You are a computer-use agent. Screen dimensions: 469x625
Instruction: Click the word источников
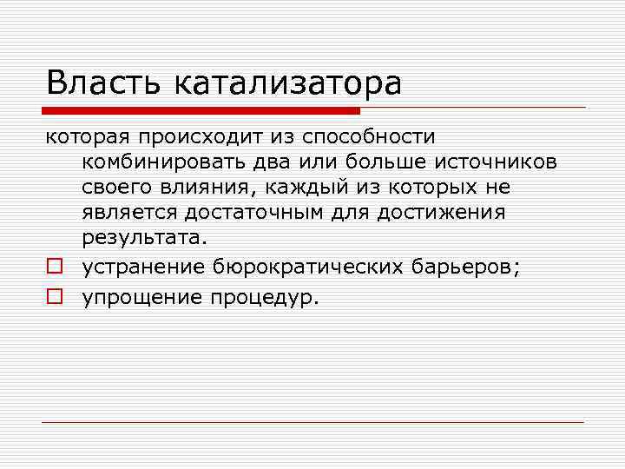(497, 162)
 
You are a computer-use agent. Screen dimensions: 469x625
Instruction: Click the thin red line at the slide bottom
(312, 422)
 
